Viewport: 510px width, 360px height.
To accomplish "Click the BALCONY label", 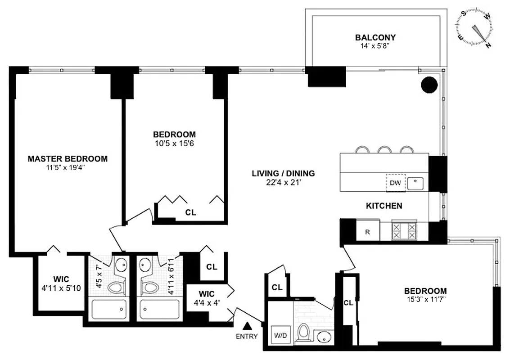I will pyautogui.click(x=375, y=37).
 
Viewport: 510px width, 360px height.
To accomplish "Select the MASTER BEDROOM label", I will pyautogui.click(x=68, y=159).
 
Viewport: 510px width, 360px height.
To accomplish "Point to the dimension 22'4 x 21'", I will pyautogui.click(x=283, y=182).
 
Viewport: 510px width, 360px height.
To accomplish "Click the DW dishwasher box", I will pyautogui.click(x=395, y=183).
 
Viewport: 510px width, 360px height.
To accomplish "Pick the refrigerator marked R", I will pyautogui.click(x=368, y=232).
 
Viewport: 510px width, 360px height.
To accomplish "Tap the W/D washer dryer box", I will pyautogui.click(x=280, y=336).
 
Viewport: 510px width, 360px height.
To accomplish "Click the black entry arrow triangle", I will pyautogui.click(x=247, y=325).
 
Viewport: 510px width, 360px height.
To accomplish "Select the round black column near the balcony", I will pyautogui.click(x=429, y=84).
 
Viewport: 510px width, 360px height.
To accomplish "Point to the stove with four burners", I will pyautogui.click(x=404, y=231).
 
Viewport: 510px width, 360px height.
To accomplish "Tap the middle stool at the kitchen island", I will pyautogui.click(x=384, y=149).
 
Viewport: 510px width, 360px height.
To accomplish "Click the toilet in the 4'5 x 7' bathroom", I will pyautogui.click(x=116, y=287).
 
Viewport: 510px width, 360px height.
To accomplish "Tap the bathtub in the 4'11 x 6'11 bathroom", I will pyautogui.click(x=159, y=310).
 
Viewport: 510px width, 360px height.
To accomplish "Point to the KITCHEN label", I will pyautogui.click(x=384, y=206).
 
